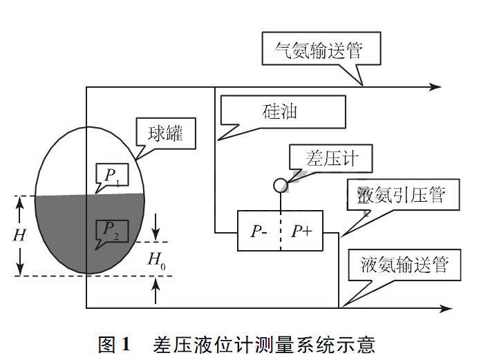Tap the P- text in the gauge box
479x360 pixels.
[x=259, y=231]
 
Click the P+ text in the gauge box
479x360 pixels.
[x=302, y=231]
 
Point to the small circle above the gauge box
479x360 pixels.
[x=281, y=185]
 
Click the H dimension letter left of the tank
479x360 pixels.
[x=19, y=234]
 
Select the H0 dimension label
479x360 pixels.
[x=157, y=260]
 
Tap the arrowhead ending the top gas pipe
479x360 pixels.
[x=435, y=87]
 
